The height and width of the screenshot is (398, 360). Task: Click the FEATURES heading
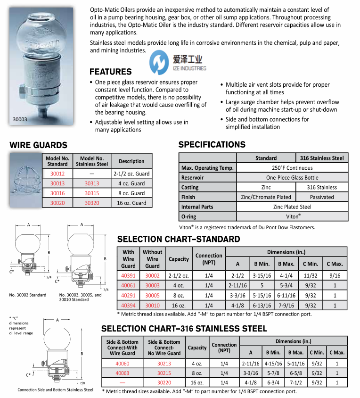pos(110,72)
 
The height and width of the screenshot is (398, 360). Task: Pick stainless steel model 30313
pos(92,183)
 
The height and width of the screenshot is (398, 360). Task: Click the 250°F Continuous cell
pos(292,168)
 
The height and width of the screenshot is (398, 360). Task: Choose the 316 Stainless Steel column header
pos(322,158)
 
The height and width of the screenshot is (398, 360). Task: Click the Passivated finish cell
pos(322,197)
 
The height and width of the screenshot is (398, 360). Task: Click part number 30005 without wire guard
pos(152,295)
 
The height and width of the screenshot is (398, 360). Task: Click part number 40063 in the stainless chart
pos(122,373)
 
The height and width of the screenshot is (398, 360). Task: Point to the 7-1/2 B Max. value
pos(295,382)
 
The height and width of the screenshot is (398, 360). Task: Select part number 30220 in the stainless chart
pos(164,382)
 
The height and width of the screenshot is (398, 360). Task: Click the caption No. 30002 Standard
pos(28,295)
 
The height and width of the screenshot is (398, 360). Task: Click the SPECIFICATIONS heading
pos(212,145)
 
